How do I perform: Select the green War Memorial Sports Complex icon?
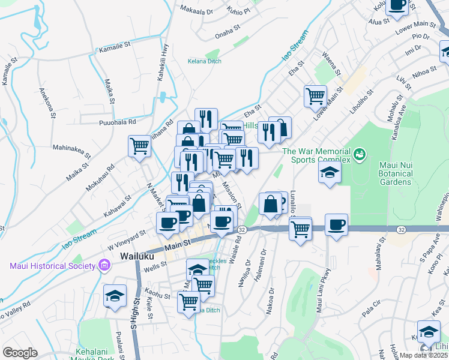click(360, 155)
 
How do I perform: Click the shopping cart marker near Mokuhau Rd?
click(139, 145)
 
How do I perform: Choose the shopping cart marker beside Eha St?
click(315, 95)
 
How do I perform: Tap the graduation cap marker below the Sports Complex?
click(329, 173)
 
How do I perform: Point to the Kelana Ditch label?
click(205, 61)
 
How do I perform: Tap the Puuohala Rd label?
click(118, 122)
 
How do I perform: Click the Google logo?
click(20, 352)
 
